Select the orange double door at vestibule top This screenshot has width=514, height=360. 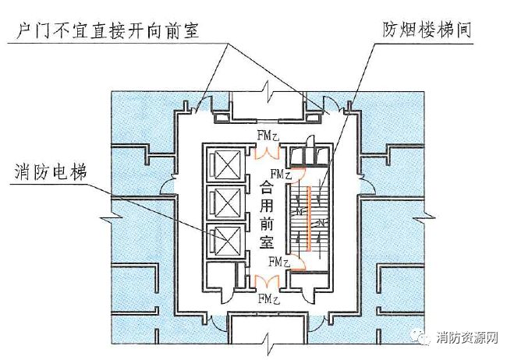(269, 148)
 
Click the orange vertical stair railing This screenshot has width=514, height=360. (310, 218)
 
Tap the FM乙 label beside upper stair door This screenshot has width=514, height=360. (282, 174)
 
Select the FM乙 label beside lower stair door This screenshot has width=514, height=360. (280, 262)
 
